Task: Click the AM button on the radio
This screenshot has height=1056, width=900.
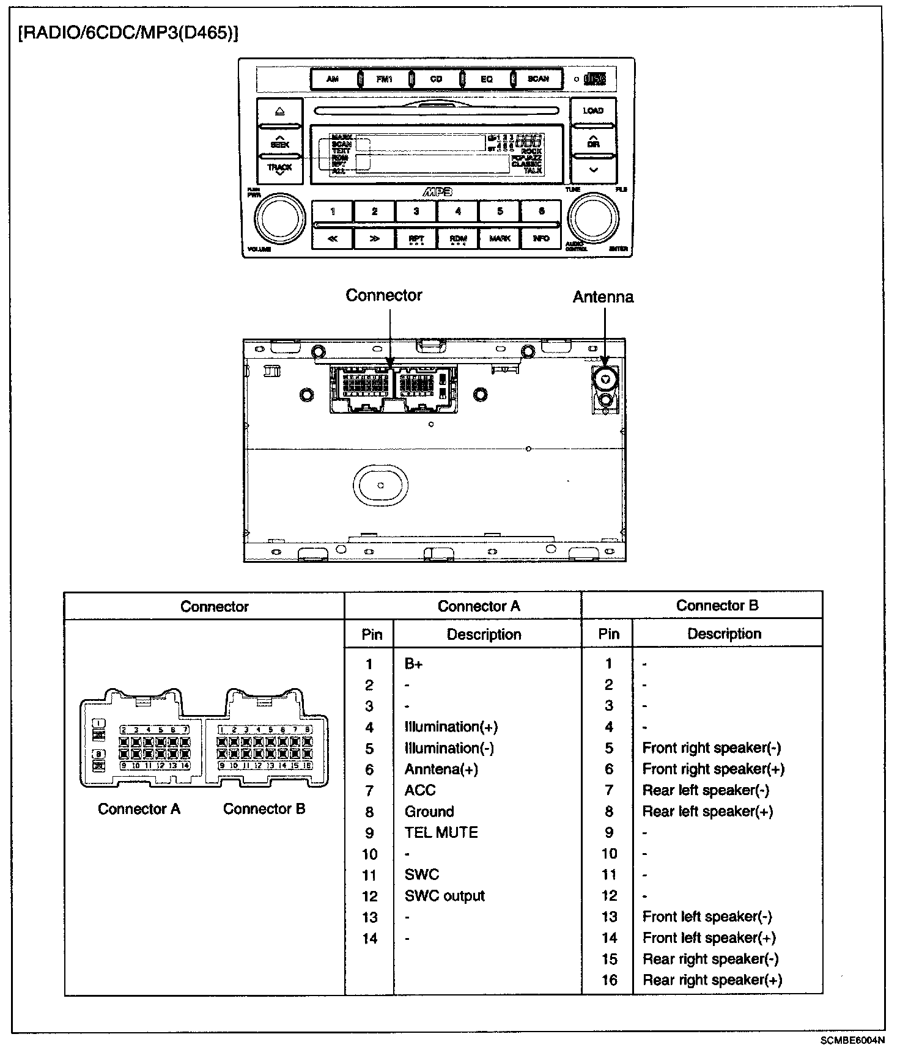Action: [x=333, y=79]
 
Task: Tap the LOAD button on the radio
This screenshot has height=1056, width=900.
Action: [x=592, y=111]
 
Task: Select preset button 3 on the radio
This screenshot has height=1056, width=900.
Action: [x=416, y=211]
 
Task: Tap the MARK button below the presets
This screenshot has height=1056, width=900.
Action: [x=500, y=238]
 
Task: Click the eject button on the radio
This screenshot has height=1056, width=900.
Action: [x=279, y=112]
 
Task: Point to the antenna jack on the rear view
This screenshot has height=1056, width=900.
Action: [x=605, y=380]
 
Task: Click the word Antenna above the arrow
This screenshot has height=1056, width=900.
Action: [x=603, y=297]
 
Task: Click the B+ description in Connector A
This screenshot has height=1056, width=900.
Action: [x=414, y=664]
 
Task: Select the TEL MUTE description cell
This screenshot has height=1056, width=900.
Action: [x=441, y=832]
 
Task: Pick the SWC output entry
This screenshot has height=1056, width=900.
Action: [x=444, y=896]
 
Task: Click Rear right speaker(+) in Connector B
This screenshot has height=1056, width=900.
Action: [x=712, y=980]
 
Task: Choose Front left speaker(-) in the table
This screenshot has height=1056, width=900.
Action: [x=707, y=917]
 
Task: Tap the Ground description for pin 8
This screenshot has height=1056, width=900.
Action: [x=429, y=812]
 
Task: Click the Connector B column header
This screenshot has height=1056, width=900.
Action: [x=717, y=606]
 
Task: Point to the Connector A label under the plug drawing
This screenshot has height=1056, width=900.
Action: [x=139, y=809]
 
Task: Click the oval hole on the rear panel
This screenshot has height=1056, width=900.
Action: [x=380, y=485]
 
